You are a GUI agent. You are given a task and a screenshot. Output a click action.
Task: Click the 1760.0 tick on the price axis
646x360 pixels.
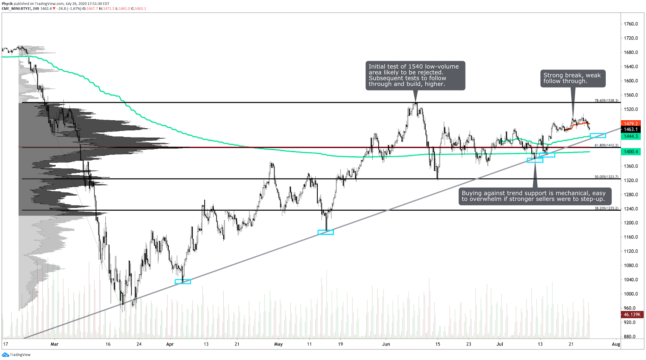631,24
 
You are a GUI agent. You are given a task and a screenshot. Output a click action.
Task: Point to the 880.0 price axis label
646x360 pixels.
630,337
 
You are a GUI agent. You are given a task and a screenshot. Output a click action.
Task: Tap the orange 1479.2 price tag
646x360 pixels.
631,123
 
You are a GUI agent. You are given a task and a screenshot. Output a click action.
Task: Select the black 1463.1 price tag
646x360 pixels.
631,130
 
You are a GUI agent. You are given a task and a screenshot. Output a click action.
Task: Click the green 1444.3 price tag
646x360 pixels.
631,136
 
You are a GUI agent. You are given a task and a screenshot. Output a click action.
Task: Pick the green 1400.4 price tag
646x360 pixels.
631,152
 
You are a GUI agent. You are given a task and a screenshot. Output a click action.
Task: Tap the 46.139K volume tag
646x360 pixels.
632,314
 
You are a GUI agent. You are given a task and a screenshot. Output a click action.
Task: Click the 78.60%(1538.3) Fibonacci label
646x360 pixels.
606,100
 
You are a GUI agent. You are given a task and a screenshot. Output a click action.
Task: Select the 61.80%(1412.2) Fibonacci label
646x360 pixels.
606,145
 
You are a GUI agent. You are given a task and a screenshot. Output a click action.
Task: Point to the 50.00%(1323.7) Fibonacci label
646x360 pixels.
606,177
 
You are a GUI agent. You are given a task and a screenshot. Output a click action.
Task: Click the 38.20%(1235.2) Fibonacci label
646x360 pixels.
606,208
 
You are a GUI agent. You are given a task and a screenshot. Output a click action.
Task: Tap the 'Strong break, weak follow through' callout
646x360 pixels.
572,78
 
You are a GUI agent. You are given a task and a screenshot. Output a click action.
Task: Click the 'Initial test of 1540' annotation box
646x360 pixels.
415,75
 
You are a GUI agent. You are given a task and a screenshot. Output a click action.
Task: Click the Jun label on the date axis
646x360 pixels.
386,344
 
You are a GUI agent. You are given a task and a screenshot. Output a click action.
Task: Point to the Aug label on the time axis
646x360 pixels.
616,344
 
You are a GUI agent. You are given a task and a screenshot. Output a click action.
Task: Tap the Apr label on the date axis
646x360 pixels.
170,344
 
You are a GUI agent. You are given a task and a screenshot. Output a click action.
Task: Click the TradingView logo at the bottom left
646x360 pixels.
16,355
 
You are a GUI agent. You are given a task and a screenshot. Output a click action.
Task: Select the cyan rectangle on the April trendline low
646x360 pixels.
183,281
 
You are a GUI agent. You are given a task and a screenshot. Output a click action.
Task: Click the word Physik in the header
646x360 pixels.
7,4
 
